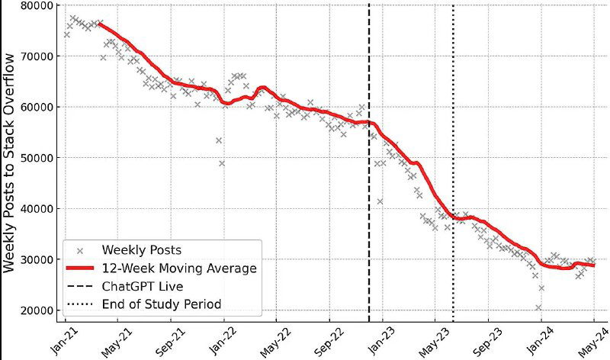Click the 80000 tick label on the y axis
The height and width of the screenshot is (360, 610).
tap(37, 5)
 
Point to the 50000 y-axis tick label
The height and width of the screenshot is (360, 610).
tap(37, 158)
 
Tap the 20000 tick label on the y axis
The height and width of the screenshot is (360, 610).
tap(37, 310)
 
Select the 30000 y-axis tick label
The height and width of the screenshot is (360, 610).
tap(37, 259)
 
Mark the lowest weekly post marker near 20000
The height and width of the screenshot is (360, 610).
tap(538, 308)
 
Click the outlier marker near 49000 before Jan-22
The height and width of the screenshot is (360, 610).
tap(222, 163)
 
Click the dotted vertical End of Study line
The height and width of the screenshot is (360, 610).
tap(453, 114)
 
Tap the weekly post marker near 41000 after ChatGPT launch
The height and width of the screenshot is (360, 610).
tap(380, 201)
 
